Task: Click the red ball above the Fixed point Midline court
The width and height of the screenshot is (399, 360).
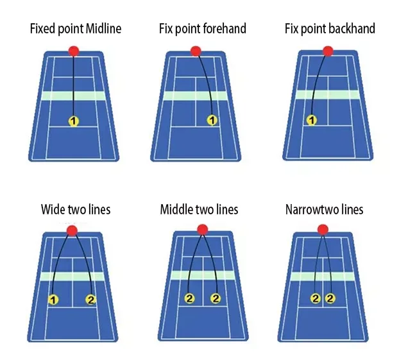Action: (x=74, y=51)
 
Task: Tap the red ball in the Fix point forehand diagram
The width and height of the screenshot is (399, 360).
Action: (x=195, y=51)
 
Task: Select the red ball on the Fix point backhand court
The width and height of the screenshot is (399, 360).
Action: (x=328, y=51)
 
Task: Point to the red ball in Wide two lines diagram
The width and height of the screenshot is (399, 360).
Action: (x=72, y=230)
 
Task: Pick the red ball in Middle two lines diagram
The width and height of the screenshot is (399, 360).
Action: (x=202, y=229)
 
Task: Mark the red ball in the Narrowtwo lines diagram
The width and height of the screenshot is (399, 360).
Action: (x=323, y=228)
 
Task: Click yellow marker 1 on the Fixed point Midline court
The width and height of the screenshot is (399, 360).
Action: (x=74, y=121)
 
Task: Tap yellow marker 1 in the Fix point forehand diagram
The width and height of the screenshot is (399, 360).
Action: (x=212, y=120)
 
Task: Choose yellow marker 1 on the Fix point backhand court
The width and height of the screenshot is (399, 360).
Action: (x=312, y=120)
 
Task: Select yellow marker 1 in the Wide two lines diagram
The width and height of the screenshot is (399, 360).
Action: (x=53, y=299)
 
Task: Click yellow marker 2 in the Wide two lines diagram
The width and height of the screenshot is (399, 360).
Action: (x=90, y=299)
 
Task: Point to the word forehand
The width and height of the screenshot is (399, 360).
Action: (x=224, y=29)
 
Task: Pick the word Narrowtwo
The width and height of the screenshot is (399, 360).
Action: (x=308, y=210)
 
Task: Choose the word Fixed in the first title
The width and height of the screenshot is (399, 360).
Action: (x=43, y=29)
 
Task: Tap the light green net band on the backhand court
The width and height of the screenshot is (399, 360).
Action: (x=328, y=95)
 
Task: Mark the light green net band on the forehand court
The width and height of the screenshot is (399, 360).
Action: (x=195, y=96)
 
